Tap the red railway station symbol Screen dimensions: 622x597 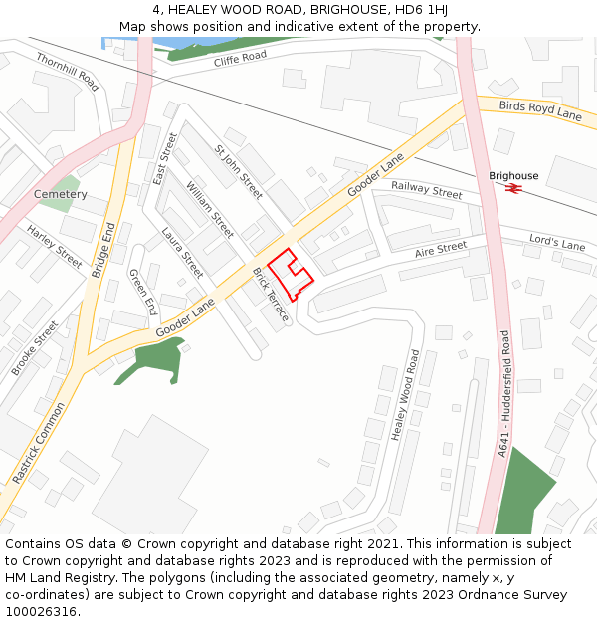(x=514, y=188)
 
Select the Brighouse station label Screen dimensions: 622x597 (x=513, y=176)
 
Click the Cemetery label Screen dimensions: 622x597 (x=61, y=194)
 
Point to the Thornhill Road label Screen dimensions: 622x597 (x=68, y=72)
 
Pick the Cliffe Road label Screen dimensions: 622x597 (x=241, y=59)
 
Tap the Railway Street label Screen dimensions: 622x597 (x=427, y=190)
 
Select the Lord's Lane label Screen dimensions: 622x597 (x=557, y=243)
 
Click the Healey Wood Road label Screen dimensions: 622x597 (x=402, y=395)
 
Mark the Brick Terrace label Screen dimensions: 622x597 (x=271, y=295)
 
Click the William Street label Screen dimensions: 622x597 (x=210, y=210)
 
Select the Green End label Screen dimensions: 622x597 (x=143, y=292)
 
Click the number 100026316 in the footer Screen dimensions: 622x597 (x=40, y=612)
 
